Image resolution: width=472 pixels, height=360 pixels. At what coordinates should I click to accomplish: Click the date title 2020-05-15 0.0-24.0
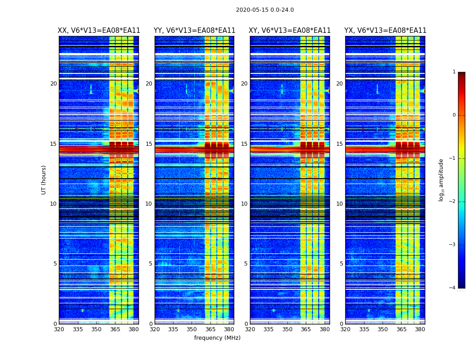click(x=265, y=10)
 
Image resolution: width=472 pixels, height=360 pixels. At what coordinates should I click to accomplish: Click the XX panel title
click(x=99, y=31)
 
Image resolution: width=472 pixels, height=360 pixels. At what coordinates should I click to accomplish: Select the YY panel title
click(x=194, y=31)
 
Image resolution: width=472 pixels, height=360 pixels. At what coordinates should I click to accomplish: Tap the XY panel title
click(x=290, y=31)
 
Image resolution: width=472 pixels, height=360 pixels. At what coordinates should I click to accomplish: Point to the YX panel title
click(x=385, y=31)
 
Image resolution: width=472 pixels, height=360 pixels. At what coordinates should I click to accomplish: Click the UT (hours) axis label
click(x=44, y=180)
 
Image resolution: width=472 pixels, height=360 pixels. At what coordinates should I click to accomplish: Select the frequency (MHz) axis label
click(x=217, y=338)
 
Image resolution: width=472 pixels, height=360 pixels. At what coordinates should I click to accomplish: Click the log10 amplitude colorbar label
click(x=441, y=180)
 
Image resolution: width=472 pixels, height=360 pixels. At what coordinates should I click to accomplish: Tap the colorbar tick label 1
click(x=454, y=72)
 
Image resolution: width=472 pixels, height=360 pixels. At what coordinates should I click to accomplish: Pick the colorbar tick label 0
click(x=454, y=115)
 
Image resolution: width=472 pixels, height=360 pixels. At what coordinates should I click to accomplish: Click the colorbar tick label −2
click(x=453, y=202)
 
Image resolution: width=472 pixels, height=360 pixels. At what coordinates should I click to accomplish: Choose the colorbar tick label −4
click(x=453, y=288)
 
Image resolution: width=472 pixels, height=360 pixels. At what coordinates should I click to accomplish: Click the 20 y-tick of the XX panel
click(x=53, y=84)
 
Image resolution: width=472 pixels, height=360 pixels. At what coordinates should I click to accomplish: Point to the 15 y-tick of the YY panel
click(x=149, y=144)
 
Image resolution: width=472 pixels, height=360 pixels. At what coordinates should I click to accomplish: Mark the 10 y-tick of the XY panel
click(x=244, y=204)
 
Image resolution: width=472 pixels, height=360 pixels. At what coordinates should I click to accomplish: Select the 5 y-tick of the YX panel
click(x=341, y=264)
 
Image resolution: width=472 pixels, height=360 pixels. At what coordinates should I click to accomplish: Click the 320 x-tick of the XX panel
click(x=59, y=329)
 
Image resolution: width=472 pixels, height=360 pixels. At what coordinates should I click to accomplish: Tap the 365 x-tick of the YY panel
click(x=210, y=329)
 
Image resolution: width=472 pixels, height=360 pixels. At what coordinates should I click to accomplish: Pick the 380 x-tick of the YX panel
click(x=420, y=329)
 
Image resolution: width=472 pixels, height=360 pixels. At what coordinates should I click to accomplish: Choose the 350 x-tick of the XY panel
click(x=287, y=329)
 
